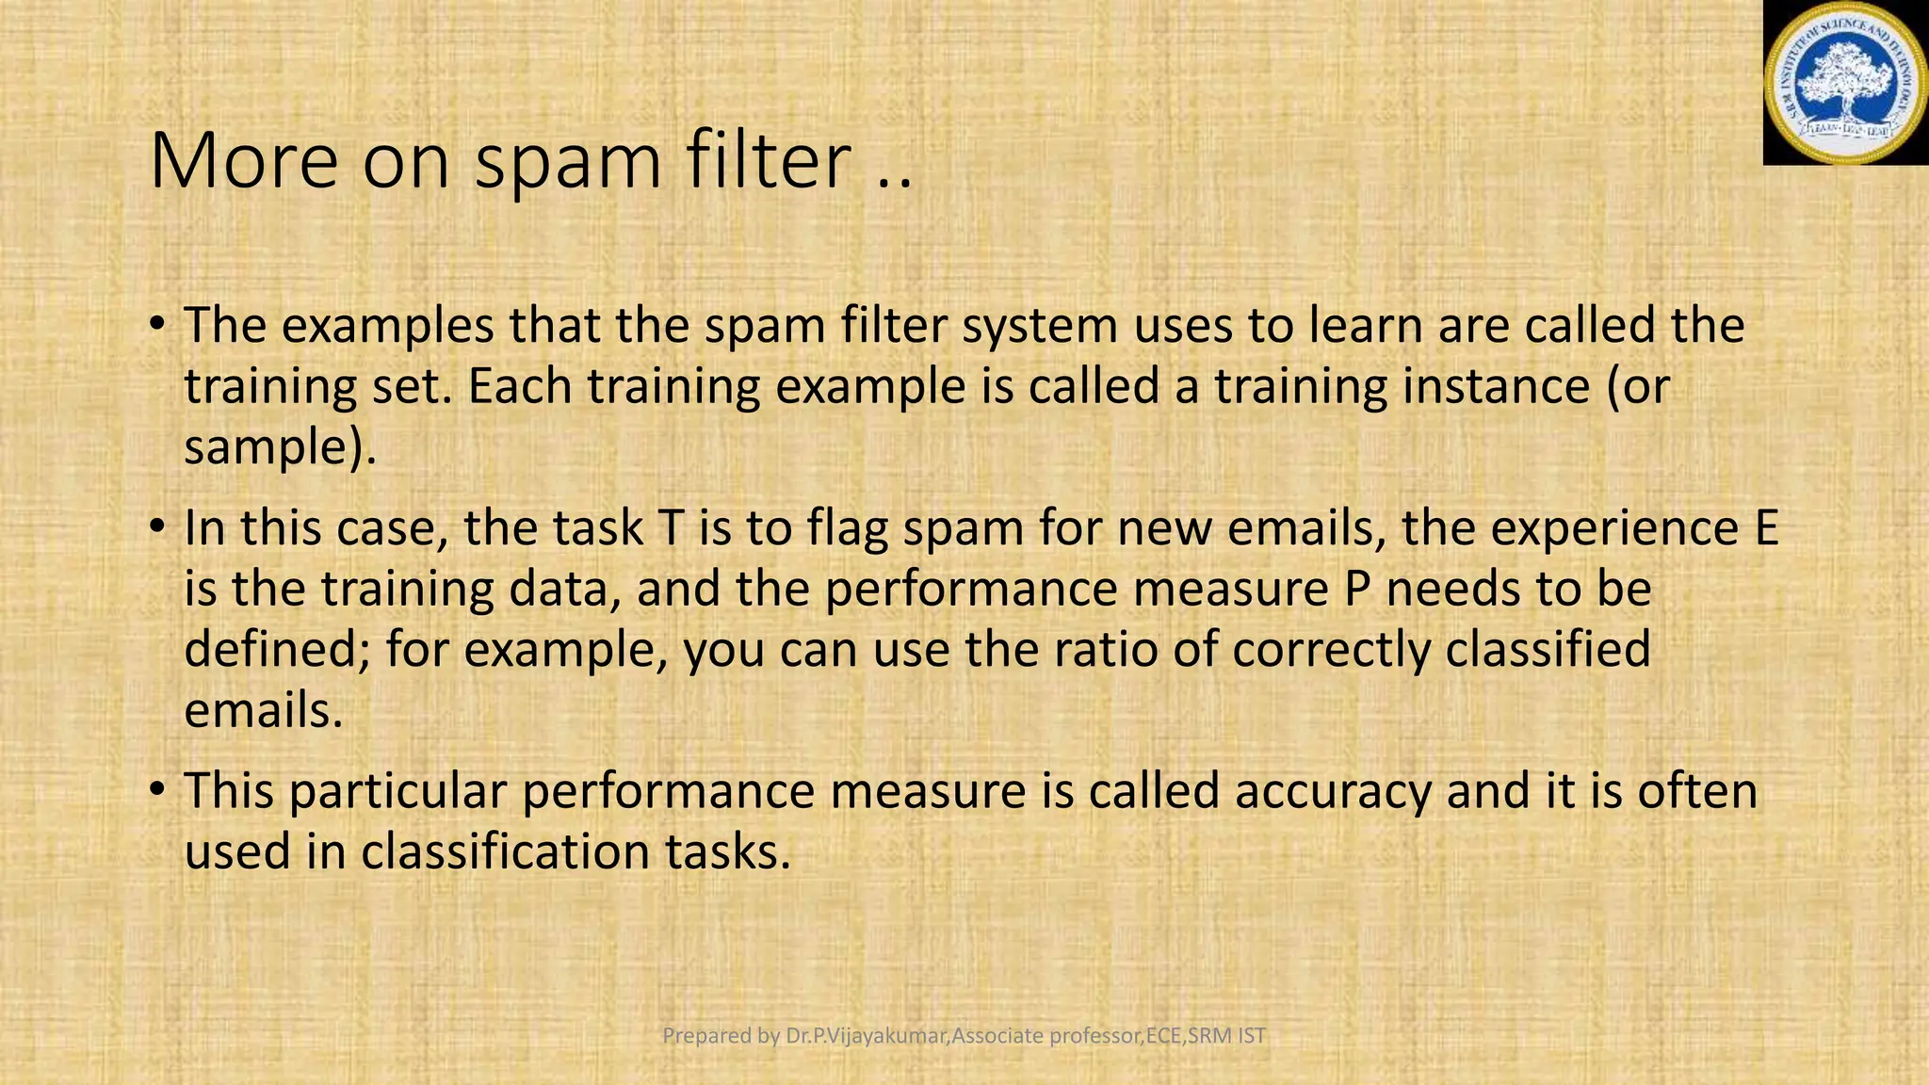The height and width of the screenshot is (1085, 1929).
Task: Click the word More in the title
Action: tap(243, 161)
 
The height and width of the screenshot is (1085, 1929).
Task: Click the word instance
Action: tap(1496, 386)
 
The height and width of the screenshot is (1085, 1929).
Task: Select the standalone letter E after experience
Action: tap(1766, 528)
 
